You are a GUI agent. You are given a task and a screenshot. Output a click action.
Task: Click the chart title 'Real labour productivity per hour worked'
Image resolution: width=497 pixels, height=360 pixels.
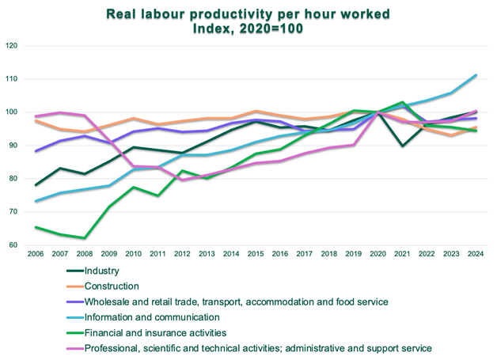coord(248,14)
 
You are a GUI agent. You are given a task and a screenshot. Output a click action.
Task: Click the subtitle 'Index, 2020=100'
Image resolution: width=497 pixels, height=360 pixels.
coord(248,28)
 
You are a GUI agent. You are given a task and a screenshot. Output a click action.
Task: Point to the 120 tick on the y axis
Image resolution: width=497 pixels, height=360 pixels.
coord(12,46)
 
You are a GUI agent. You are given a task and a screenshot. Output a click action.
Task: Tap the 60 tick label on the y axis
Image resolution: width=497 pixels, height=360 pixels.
coord(13,245)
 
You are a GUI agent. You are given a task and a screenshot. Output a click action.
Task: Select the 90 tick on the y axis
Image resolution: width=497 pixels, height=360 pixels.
coord(13,146)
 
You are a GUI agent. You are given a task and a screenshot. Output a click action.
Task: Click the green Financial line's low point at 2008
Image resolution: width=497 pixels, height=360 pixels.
coord(85,237)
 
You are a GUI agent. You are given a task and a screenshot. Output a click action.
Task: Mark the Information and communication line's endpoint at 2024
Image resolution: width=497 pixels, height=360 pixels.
coord(476,75)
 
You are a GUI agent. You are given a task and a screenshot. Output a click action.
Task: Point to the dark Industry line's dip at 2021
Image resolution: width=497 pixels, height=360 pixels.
coord(403,146)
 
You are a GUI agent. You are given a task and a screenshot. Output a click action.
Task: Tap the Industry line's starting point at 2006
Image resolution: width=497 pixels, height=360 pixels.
coord(36,185)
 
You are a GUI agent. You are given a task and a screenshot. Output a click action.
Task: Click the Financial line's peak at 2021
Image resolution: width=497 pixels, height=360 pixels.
coord(403,102)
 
